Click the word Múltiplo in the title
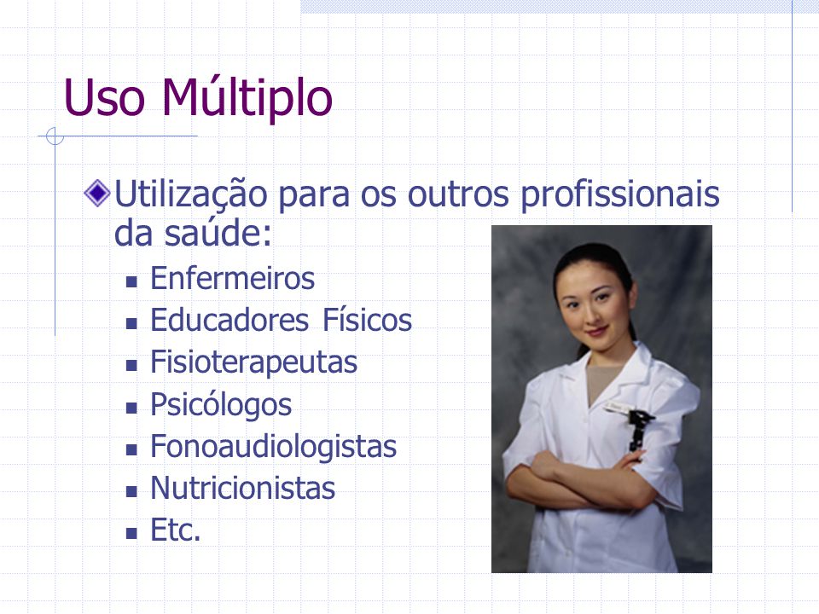pos(247,97)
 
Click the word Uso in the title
pos(104,98)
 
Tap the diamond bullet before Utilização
pos(97,194)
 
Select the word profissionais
pos(620,194)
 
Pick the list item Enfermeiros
pos(232,278)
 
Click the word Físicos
pos(367,320)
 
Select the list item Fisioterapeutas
pos(254,362)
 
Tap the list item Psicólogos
pos(221,404)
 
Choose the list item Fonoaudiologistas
pos(274,446)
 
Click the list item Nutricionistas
pos(243,488)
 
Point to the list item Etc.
pos(176,530)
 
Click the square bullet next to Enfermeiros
pos(131,282)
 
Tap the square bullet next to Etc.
pos(131,534)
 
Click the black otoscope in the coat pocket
pos(640,429)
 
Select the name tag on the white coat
pos(619,408)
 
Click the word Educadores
pos(229,320)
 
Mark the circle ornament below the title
pos(55,136)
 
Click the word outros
pos(458,194)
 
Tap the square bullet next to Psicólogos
pos(131,408)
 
